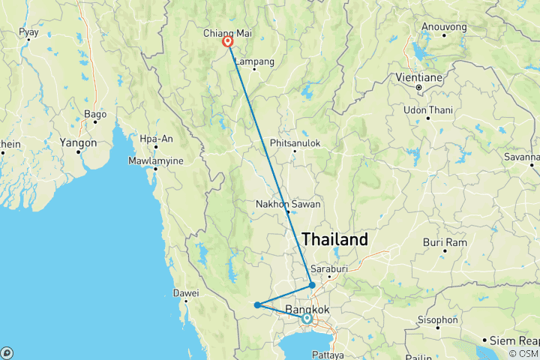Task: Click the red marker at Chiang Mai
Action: [x=227, y=43]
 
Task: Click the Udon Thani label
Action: [x=427, y=110]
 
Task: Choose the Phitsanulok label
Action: [x=295, y=142]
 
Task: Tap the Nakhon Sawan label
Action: [x=287, y=203]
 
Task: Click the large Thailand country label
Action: [x=334, y=240]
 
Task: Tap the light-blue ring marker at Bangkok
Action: [x=307, y=319]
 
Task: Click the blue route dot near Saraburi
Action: [x=312, y=285]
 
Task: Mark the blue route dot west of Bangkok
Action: [x=257, y=304]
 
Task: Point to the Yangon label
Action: [x=79, y=142]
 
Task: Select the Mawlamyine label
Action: [x=155, y=159]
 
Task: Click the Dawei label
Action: [x=184, y=292]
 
